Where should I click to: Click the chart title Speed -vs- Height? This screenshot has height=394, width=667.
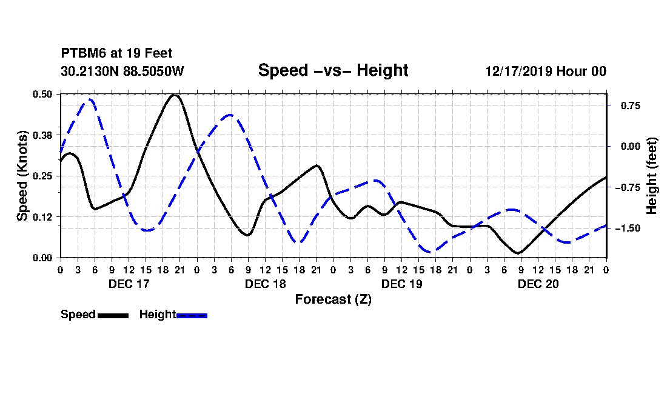click(333, 70)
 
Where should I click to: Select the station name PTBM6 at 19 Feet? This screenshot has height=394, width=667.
click(112, 54)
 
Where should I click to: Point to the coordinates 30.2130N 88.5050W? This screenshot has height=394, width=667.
click(122, 72)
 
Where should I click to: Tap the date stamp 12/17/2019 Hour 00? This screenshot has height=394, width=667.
click(546, 72)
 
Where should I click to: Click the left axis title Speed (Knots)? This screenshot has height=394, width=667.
click(22, 176)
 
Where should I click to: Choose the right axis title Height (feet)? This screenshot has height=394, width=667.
click(652, 176)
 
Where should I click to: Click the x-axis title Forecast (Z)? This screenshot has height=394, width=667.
click(333, 299)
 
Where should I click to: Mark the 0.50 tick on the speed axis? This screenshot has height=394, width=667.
click(42, 94)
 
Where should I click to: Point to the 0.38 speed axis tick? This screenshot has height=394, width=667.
click(42, 135)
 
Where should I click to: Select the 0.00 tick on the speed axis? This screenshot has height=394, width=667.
click(42, 258)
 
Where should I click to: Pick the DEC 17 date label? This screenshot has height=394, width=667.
click(129, 284)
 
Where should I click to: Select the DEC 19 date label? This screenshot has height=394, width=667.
click(401, 284)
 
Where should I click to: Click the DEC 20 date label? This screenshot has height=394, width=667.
click(538, 284)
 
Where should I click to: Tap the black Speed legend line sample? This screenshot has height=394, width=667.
click(113, 315)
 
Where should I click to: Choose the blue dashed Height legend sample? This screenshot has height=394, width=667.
click(192, 315)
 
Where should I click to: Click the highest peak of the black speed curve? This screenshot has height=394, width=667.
click(175, 95)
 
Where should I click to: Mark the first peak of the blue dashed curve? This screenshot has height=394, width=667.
click(90, 99)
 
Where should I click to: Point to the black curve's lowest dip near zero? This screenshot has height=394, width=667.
click(518, 253)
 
